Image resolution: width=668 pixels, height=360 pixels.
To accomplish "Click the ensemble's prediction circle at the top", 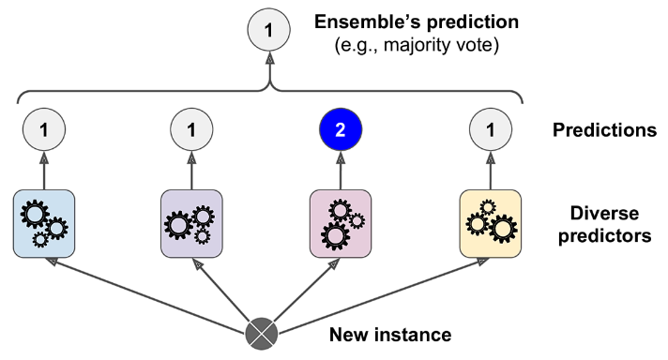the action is (269, 30).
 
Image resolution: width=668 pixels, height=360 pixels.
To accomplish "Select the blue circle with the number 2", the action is (341, 129).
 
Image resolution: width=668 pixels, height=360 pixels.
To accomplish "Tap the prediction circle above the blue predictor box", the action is (44, 129).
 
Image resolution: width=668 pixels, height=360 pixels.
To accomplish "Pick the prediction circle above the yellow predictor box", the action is (491, 129).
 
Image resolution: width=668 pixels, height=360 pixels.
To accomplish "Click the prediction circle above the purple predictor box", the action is (191, 129).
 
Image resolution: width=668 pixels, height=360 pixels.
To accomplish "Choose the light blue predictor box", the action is (44, 224).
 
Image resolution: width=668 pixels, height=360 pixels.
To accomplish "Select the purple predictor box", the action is (191, 224).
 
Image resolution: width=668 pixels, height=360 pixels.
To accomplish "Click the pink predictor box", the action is (341, 224).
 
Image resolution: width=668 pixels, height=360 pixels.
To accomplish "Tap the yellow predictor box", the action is (491, 224).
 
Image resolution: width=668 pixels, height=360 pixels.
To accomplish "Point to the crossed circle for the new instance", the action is (262, 334).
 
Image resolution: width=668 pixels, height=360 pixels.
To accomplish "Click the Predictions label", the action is (604, 129).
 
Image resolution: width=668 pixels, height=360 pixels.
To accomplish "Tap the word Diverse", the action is (604, 213).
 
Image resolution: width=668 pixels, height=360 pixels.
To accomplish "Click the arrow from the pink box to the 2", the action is (341, 171).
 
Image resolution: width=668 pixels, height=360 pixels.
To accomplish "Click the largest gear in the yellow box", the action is (503, 229).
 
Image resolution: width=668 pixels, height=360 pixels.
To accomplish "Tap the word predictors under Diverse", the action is (605, 235).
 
